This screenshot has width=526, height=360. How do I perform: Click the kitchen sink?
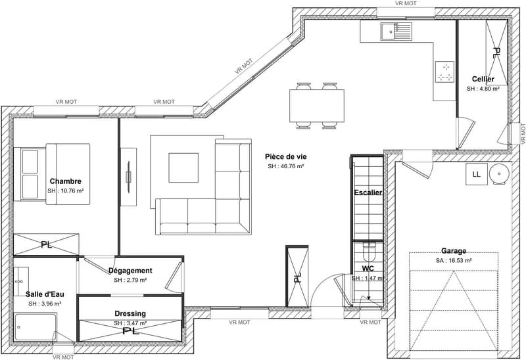click(396, 31)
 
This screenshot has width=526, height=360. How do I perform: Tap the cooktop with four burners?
click(445, 72)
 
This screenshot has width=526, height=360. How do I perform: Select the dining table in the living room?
click(317, 106)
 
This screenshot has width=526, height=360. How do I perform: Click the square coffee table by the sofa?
click(183, 168)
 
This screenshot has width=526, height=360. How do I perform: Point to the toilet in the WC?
click(370, 251)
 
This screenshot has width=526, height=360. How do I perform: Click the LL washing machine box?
click(476, 174)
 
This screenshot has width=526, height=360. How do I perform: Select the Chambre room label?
click(65, 181)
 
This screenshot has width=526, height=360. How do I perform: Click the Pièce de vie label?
click(286, 156)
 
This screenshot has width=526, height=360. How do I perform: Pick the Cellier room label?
click(483, 79)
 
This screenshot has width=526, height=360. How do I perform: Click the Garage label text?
click(454, 251)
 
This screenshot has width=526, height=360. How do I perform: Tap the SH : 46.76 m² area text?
click(286, 166)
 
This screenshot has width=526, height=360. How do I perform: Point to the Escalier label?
click(368, 192)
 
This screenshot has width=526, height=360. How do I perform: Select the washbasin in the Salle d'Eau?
click(22, 281)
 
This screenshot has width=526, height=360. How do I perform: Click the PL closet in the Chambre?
click(46, 244)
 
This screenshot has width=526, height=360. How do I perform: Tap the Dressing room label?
click(130, 313)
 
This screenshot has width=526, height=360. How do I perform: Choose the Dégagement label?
click(130, 271)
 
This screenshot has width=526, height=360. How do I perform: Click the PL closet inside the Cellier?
click(496, 53)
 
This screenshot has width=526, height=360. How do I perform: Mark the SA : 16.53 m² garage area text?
click(454, 260)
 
